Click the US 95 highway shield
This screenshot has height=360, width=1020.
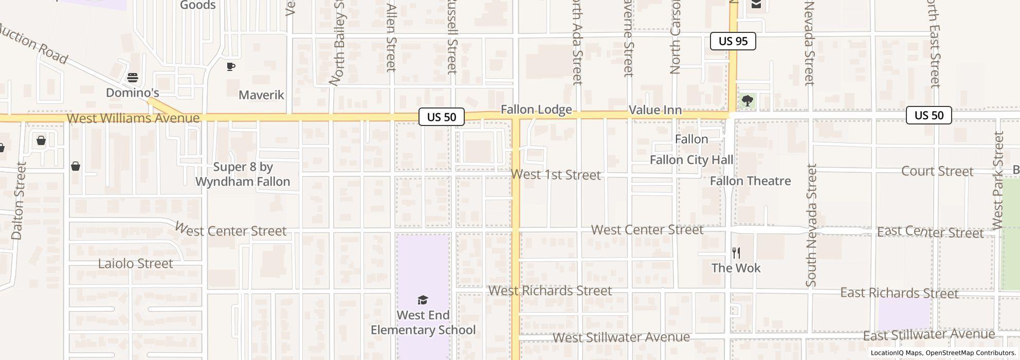(x=733, y=41)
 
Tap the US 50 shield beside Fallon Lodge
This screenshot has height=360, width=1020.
(x=441, y=117)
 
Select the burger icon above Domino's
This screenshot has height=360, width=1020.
(x=133, y=78)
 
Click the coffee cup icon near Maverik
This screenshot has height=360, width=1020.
(x=231, y=66)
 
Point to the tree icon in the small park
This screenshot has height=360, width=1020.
(x=747, y=100)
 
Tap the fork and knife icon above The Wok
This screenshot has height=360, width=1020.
(x=736, y=253)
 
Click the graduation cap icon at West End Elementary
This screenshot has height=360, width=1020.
(x=423, y=300)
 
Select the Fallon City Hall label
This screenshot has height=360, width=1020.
(x=691, y=160)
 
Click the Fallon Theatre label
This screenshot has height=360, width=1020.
(x=750, y=181)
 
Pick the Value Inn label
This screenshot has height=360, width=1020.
(x=655, y=110)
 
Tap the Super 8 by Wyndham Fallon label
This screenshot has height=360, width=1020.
(x=243, y=174)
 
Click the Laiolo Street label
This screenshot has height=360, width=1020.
(x=135, y=264)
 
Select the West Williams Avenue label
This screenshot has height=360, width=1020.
(x=133, y=118)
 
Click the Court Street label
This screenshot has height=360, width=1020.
(x=937, y=171)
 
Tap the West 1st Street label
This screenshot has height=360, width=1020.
(x=556, y=175)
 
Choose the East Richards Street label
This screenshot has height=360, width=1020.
(x=899, y=293)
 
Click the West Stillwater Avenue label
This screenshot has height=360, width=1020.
(x=621, y=337)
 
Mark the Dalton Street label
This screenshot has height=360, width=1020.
(x=18, y=201)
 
